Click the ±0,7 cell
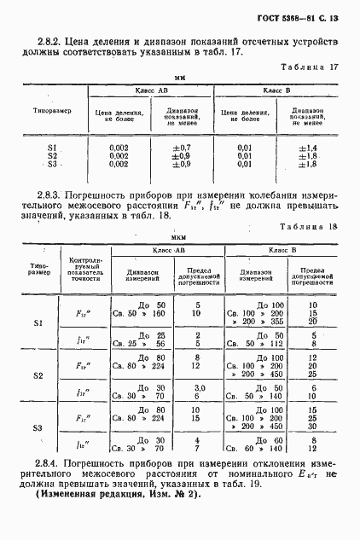pyautogui.click(x=179, y=148)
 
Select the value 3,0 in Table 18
pyautogui.click(x=197, y=387)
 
